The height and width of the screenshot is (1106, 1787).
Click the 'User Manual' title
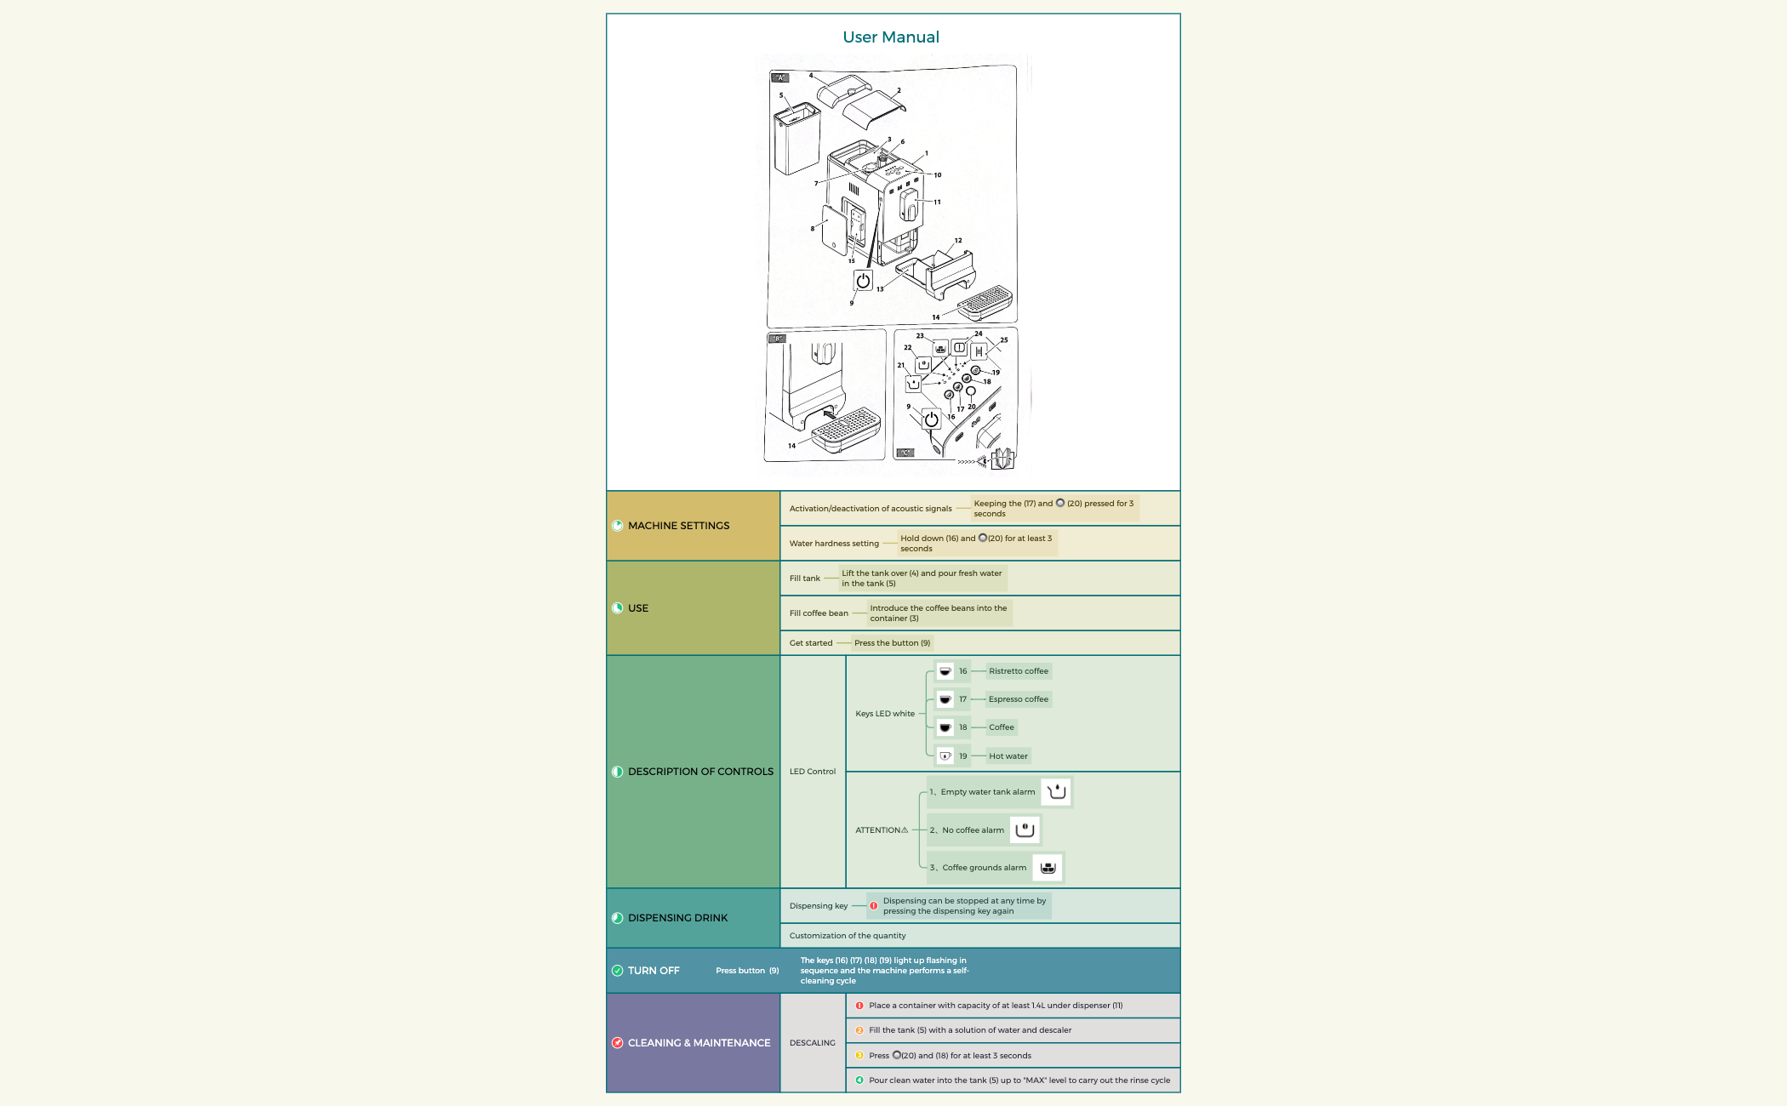pos(891,37)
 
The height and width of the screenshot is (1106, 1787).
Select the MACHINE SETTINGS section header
pos(678,526)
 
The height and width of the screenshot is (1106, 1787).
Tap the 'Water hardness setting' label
pos(834,544)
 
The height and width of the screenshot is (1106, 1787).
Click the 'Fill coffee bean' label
pos(819,613)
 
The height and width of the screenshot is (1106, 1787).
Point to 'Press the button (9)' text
pos(892,643)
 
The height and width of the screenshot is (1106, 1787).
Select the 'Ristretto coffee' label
pos(1018,671)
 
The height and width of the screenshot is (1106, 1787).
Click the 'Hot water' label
pos(1008,756)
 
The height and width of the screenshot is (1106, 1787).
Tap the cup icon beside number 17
pos(945,699)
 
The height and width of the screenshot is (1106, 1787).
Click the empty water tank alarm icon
pos(1056,792)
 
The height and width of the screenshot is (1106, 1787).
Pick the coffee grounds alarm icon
pos(1048,868)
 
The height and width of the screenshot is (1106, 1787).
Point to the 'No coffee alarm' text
pos(973,830)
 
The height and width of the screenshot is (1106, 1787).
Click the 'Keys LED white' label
pos(885,714)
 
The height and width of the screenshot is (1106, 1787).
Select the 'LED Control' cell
pos(813,772)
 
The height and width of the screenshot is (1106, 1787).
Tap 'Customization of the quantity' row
pos(848,936)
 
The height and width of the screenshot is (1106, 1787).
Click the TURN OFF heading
pos(654,971)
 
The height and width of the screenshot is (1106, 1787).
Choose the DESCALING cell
pos(813,1043)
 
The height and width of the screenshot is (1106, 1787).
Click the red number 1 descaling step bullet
pos(859,1006)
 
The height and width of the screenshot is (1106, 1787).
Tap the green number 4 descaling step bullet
pos(859,1080)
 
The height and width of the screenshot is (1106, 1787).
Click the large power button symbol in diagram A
pos(863,281)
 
